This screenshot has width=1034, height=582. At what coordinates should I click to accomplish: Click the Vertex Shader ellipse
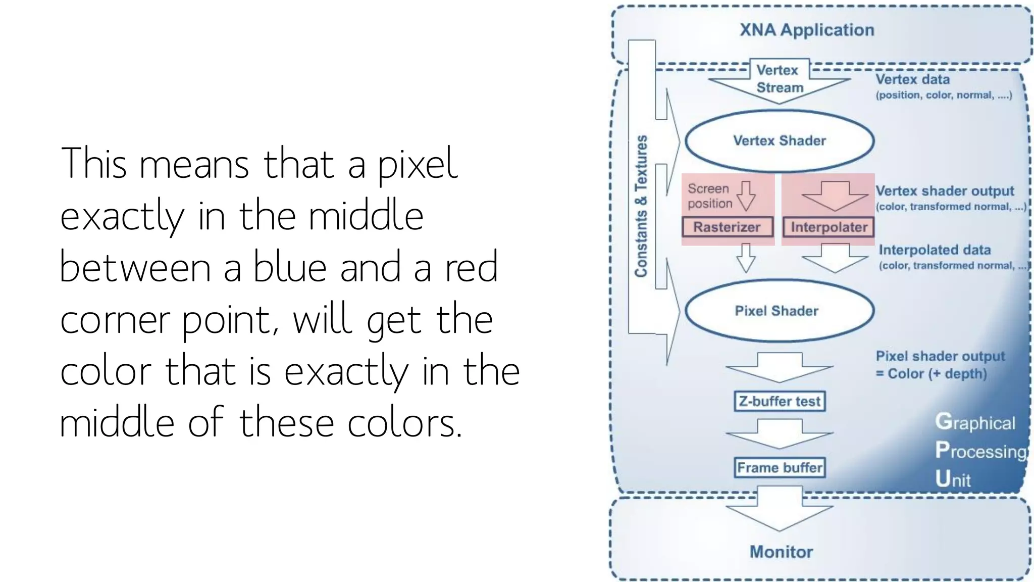[779, 141]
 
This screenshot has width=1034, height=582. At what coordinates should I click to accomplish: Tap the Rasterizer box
[727, 227]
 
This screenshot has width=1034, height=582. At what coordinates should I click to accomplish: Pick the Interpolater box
[829, 227]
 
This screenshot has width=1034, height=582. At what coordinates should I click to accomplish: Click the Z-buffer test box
[780, 401]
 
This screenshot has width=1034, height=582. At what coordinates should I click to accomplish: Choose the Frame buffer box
[780, 467]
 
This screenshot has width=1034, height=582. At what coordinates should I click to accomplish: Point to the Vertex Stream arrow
[779, 81]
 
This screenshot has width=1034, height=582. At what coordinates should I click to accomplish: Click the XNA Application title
[807, 30]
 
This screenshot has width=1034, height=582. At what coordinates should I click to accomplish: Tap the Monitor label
[781, 552]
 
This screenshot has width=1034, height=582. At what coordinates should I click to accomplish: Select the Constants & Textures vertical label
[641, 206]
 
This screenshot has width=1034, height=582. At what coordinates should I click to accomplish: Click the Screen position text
[709, 196]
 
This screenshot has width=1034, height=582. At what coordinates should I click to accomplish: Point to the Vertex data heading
[912, 79]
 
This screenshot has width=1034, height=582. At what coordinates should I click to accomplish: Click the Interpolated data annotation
[935, 250]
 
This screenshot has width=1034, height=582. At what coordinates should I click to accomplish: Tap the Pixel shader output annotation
[940, 357]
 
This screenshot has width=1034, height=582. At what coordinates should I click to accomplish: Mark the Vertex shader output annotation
[944, 191]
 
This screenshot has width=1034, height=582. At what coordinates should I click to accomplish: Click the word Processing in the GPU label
[980, 451]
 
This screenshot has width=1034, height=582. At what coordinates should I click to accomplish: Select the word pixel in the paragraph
[418, 164]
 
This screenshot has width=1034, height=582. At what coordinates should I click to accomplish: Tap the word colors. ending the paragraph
[404, 422]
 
